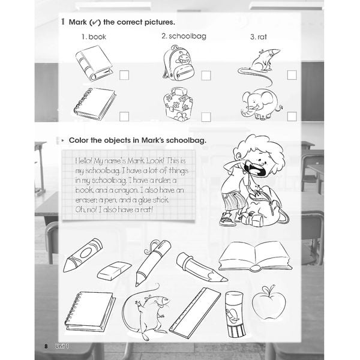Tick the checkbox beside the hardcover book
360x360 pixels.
tap(124, 76)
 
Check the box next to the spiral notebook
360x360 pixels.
tap(124, 116)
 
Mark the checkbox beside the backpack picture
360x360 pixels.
tap(206, 76)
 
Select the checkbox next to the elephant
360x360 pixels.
tap(292, 116)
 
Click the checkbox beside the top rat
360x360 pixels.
tap(292, 76)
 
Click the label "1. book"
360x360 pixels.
tap(94, 37)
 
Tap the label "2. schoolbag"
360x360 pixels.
tap(184, 36)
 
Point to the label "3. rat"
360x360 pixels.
tap(258, 37)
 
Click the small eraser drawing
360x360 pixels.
tap(114, 271)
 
